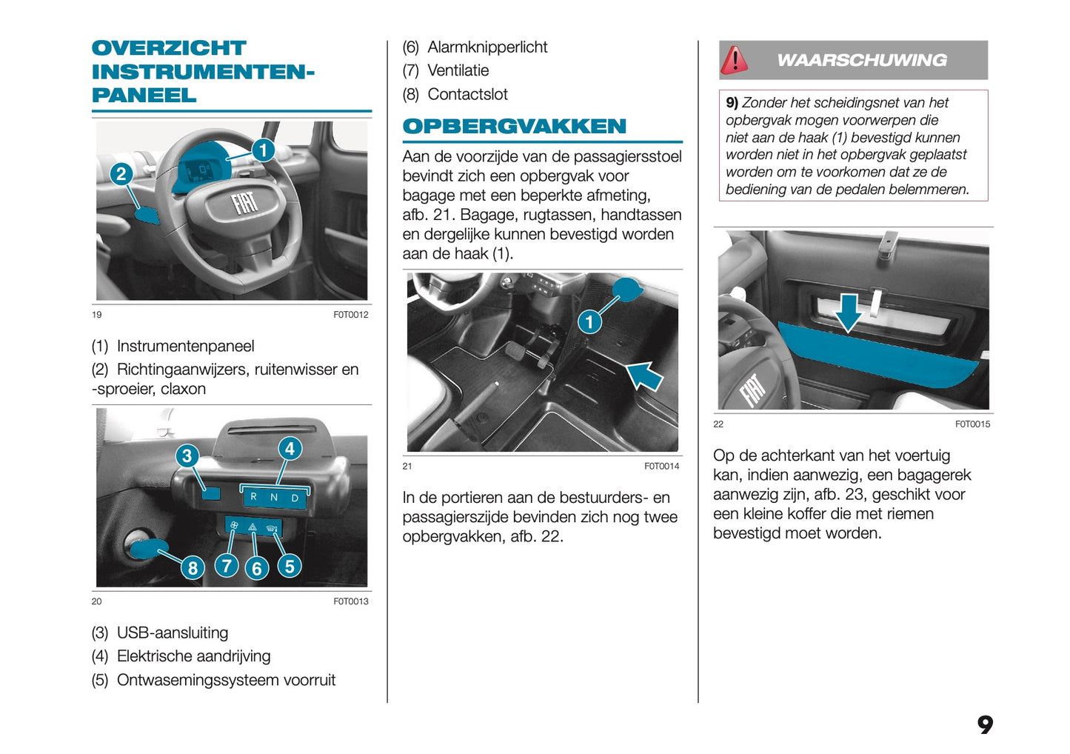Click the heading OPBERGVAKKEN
coord(514,127)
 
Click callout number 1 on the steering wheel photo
coord(263,150)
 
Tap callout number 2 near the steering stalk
coord(121,174)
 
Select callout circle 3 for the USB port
coord(187,456)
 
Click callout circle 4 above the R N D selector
coord(290,449)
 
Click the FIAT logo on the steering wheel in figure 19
coord(244,202)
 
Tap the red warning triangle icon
coord(735,60)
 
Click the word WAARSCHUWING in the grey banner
coord(862,60)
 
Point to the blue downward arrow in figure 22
coord(849,312)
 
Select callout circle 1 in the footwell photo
coord(589,322)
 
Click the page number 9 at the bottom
coord(985,724)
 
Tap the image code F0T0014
coord(661,466)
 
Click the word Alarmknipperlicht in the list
coord(487,47)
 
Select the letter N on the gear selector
coord(274,497)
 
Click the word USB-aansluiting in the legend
coord(173,633)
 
